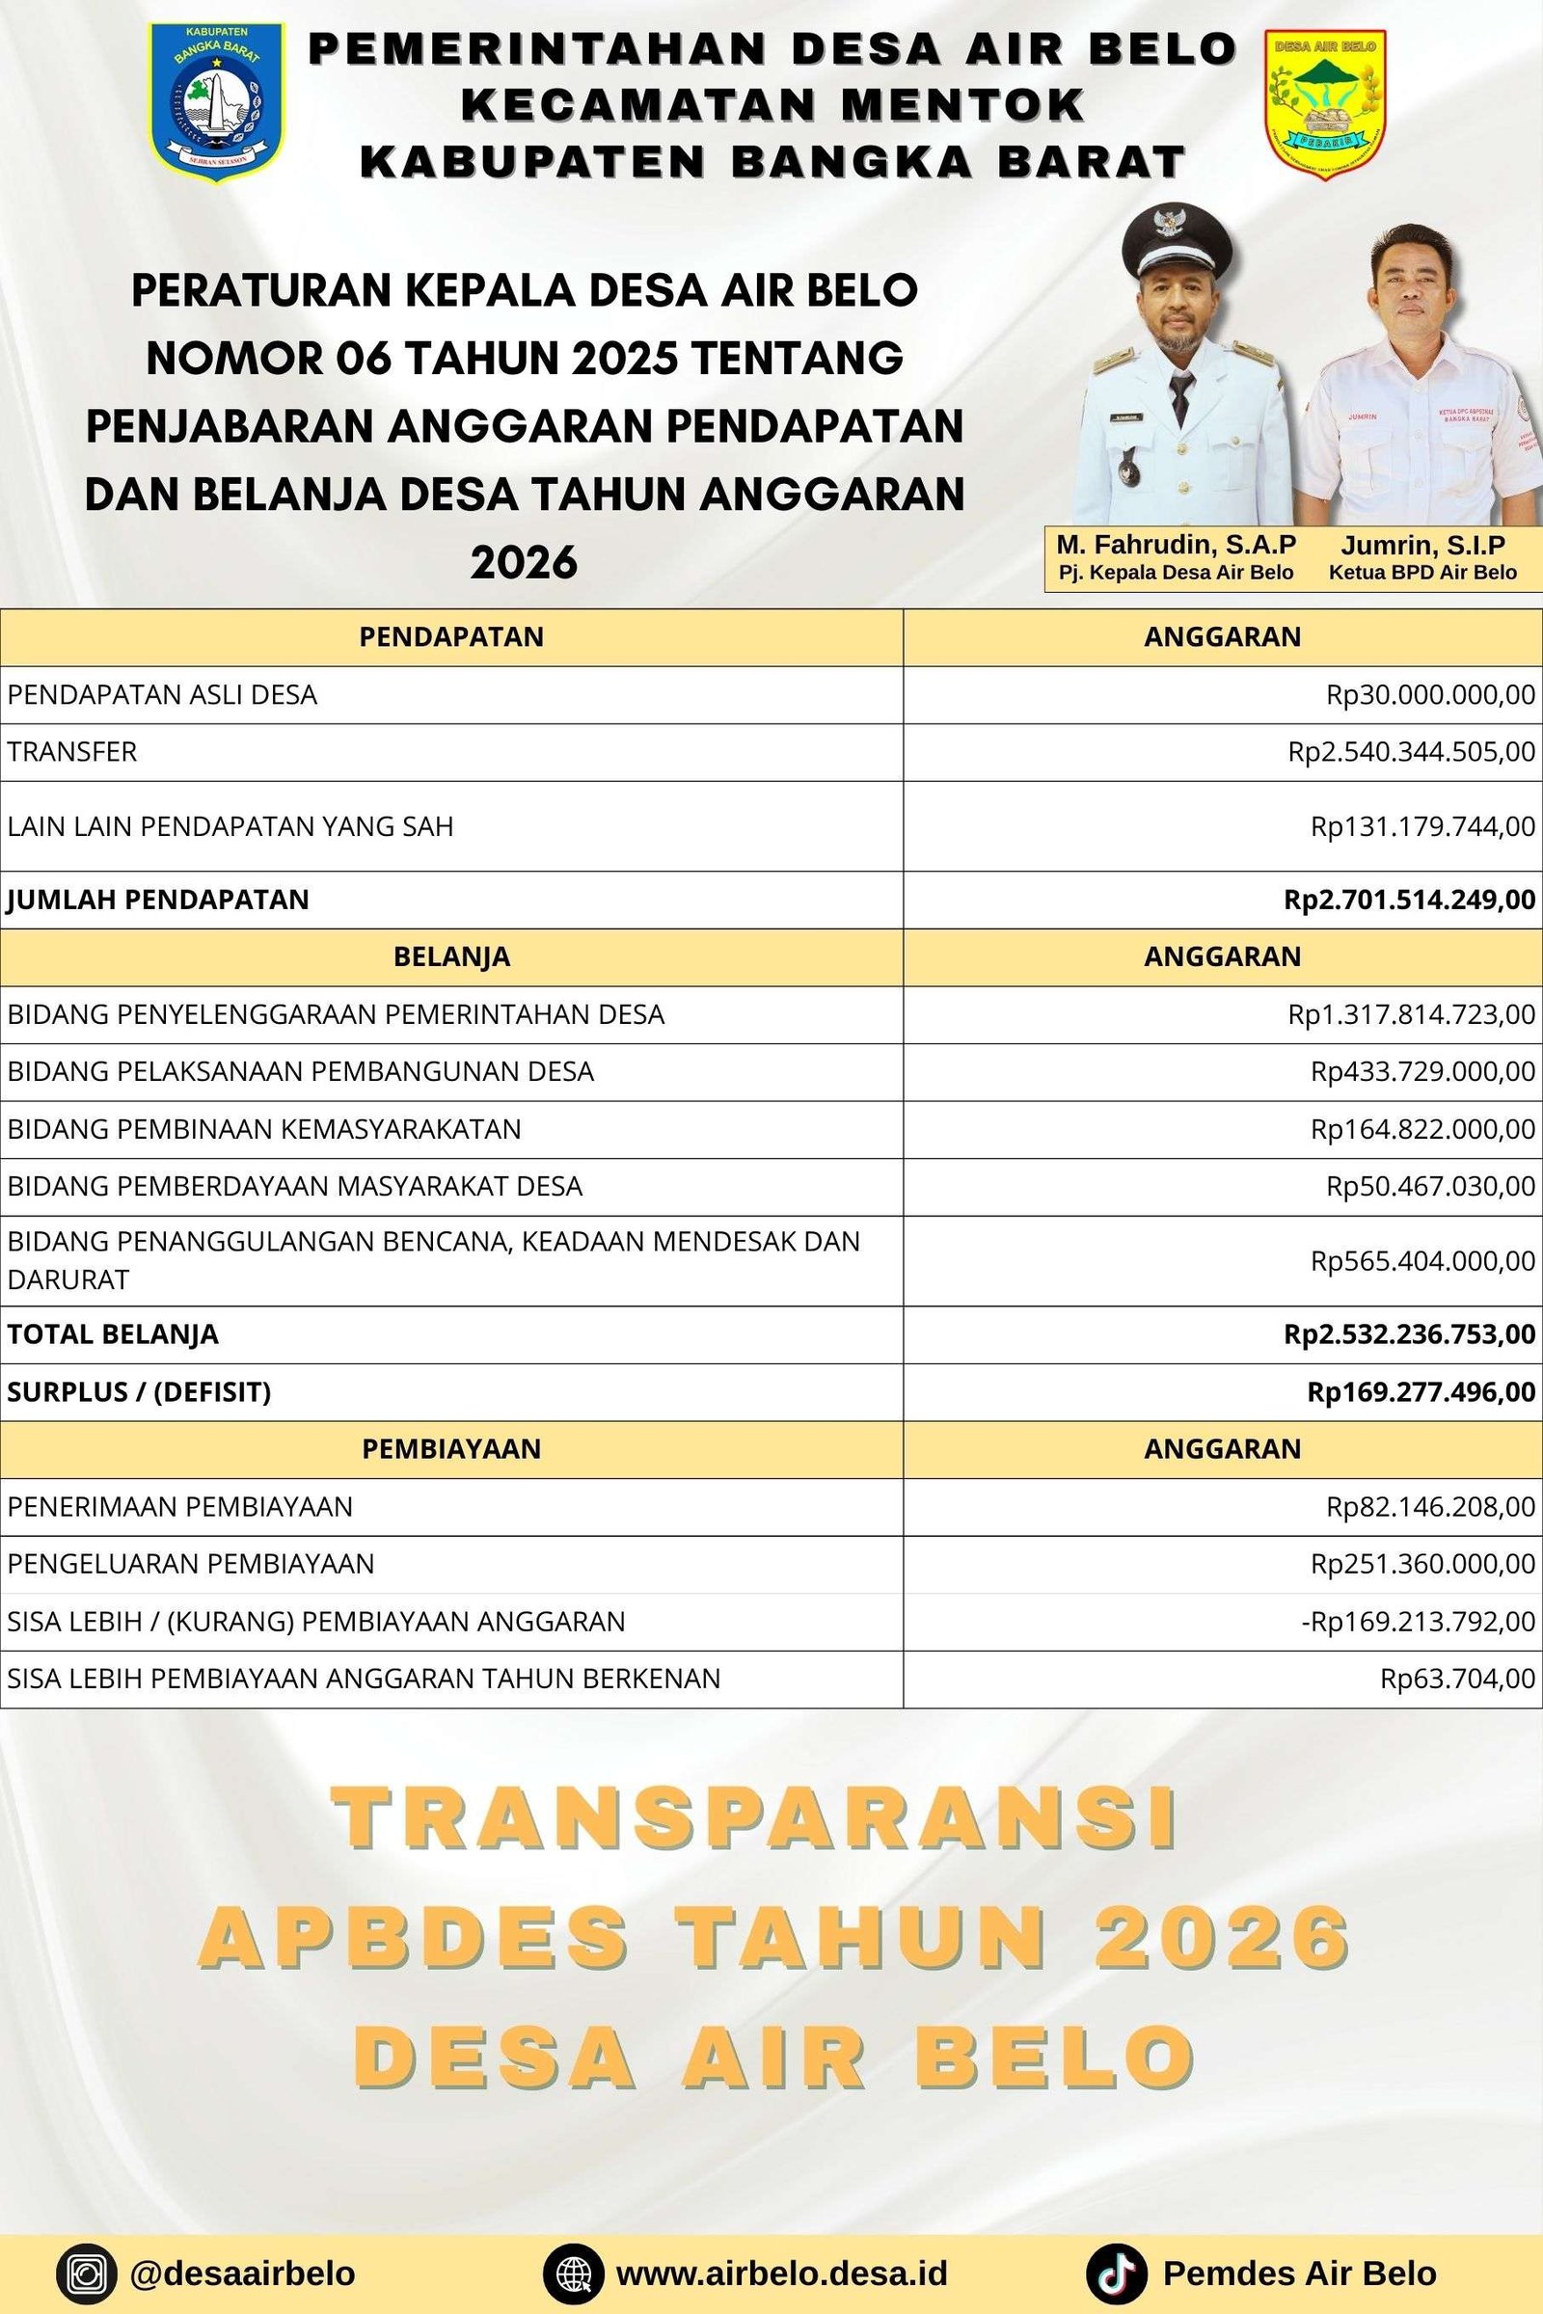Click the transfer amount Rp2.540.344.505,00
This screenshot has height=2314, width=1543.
pyautogui.click(x=1411, y=753)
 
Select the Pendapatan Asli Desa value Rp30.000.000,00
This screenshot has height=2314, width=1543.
pyautogui.click(x=1430, y=694)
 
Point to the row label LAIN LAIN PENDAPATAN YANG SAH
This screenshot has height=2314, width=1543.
pyautogui.click(x=230, y=826)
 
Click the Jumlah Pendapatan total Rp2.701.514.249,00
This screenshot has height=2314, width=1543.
pyautogui.click(x=1409, y=900)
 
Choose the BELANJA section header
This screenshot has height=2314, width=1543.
pyautogui.click(x=451, y=956)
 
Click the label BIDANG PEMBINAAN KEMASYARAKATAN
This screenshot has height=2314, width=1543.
pyautogui.click(x=263, y=1129)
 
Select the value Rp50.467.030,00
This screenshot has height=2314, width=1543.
pyautogui.click(x=1430, y=1187)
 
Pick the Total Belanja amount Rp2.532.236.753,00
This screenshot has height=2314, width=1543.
pyautogui.click(x=1409, y=1334)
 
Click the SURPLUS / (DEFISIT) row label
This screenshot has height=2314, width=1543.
pyautogui.click(x=139, y=1392)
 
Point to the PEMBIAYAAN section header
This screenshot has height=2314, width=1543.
pyautogui.click(x=451, y=1448)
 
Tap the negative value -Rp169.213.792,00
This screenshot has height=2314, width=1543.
pyautogui.click(x=1418, y=1622)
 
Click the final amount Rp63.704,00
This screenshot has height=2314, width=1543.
pyautogui.click(x=1457, y=1679)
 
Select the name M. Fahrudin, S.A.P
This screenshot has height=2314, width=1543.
pyautogui.click(x=1176, y=545)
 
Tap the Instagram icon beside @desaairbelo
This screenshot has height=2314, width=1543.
pyautogui.click(x=87, y=2274)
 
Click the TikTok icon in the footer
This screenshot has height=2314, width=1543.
pyautogui.click(x=1116, y=2274)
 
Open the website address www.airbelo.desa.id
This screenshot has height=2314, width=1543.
pyautogui.click(x=781, y=2274)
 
